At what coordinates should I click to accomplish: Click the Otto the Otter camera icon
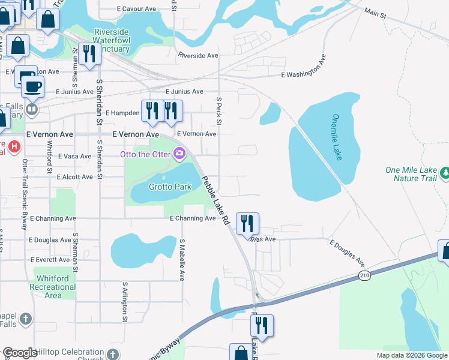click(179, 154)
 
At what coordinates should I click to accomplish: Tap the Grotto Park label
click(171, 187)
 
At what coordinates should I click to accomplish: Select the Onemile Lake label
click(337, 137)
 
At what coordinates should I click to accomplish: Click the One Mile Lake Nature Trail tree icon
click(444, 173)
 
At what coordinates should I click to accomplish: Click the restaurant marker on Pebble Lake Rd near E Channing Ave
click(247, 223)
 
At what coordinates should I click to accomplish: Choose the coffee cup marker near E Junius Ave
click(32, 86)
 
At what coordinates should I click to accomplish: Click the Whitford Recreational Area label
click(57, 287)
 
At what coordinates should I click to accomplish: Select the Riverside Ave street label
click(197, 55)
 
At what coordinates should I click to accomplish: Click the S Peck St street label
click(219, 112)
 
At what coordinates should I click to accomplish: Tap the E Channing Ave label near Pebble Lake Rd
click(192, 219)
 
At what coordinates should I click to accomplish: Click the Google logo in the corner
click(20, 353)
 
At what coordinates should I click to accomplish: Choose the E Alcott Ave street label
click(75, 177)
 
